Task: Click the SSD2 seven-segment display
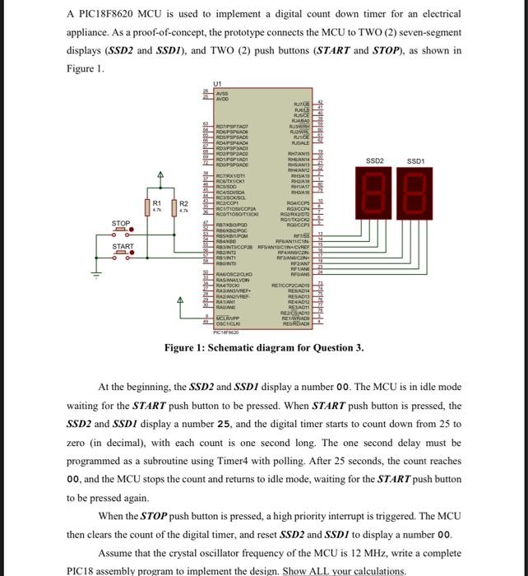pyautogui.click(x=375, y=192)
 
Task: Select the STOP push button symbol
pyautogui.click(x=121, y=232)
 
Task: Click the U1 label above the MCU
pyautogui.click(x=217, y=85)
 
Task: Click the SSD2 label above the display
pyautogui.click(x=375, y=160)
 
